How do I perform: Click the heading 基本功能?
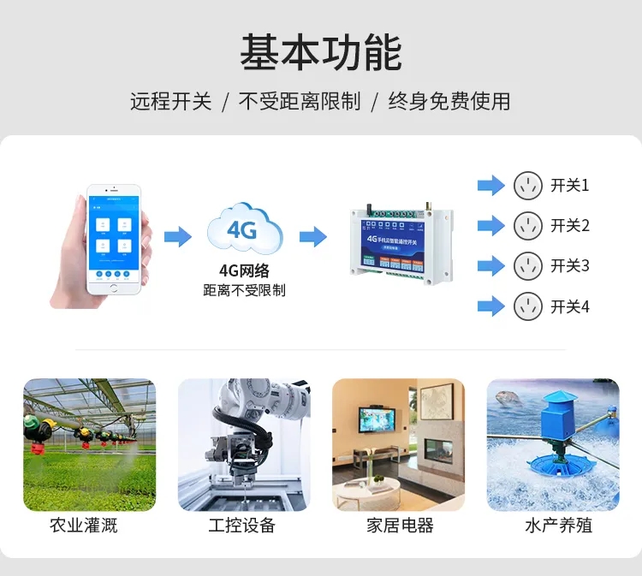point(321,53)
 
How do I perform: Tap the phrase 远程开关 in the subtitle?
point(170,101)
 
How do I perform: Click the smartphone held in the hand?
point(112,239)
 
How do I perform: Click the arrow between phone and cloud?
point(177,236)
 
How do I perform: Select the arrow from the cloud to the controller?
point(313,236)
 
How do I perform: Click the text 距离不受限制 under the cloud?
point(244,290)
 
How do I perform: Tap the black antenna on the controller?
point(361,211)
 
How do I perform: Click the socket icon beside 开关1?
point(528,185)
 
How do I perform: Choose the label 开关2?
point(570,226)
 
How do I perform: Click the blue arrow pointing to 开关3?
point(490,266)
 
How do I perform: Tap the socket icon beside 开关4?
point(528,306)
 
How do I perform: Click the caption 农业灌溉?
point(83,525)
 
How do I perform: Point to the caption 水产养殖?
point(559,525)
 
